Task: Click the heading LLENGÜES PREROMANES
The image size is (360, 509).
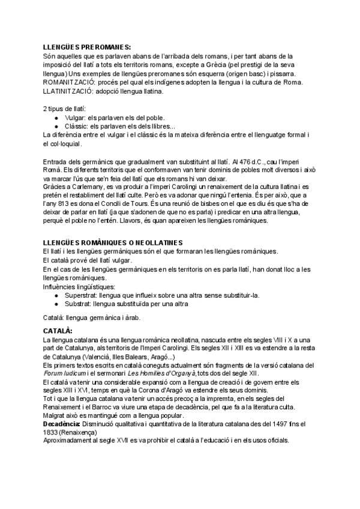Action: (87, 47)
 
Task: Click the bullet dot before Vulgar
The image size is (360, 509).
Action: (56, 118)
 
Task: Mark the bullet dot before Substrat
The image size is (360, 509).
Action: (56, 304)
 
